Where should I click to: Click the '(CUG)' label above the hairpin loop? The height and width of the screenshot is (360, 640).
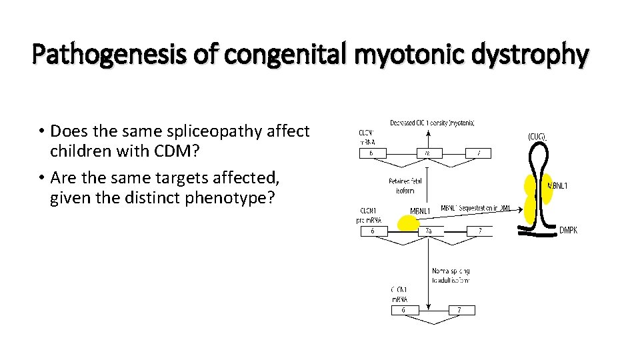tap(537, 137)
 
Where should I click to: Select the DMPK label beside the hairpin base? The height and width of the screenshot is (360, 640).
tap(568, 231)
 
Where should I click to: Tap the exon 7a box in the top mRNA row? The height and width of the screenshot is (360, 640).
tap(427, 153)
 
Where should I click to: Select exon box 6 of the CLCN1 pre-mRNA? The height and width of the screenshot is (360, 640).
tap(376, 231)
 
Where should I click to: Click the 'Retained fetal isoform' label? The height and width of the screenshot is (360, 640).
tap(405, 185)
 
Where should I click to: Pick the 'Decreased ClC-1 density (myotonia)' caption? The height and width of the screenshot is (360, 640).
tap(432, 123)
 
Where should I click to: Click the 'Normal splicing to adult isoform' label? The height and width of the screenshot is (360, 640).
tap(451, 275)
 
